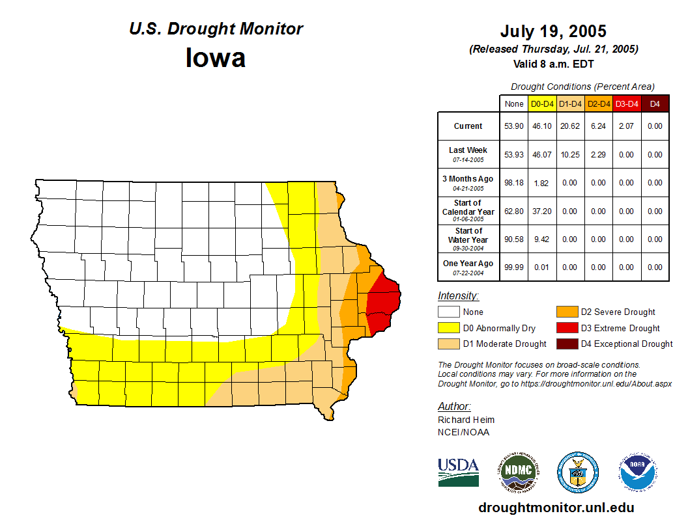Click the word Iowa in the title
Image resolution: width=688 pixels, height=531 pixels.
(216, 58)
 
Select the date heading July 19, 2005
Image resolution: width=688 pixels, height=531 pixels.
(553, 31)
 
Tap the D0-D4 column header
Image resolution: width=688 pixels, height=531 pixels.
(542, 104)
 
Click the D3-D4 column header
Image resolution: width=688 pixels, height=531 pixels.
(627, 104)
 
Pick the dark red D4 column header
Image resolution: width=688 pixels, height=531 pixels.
(655, 104)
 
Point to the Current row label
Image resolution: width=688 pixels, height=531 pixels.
(468, 126)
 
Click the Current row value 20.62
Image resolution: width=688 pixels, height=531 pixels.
(570, 126)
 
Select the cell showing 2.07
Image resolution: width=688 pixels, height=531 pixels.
(627, 126)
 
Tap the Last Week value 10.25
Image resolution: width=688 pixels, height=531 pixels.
(570, 155)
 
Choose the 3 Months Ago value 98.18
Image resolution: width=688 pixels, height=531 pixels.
(513, 183)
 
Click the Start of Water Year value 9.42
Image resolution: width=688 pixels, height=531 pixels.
(542, 239)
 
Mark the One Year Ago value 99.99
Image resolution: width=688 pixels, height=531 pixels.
(513, 267)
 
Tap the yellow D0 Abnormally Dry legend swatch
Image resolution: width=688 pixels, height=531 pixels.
(448, 328)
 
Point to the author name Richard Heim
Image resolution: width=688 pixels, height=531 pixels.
(466, 420)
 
